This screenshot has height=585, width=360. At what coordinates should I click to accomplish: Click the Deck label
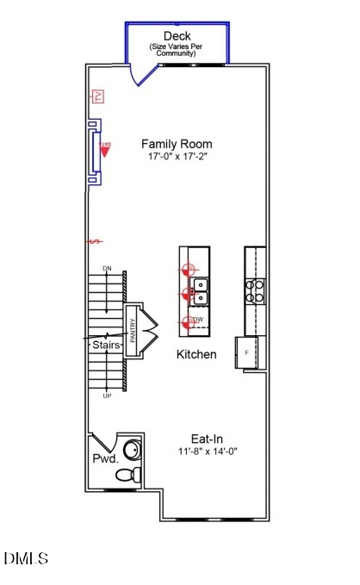coord(177,36)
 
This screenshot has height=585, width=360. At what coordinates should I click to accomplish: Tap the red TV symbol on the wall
coord(98,96)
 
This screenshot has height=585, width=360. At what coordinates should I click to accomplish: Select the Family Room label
coord(177,144)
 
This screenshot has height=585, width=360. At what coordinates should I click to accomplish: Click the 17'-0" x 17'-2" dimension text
coord(177,158)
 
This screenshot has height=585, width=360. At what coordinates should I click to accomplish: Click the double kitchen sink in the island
coord(200,292)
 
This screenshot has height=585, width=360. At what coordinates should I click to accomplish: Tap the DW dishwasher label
coord(198,320)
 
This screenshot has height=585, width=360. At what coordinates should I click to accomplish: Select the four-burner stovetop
coord(256,290)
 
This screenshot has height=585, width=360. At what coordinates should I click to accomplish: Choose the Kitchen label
coord(196,354)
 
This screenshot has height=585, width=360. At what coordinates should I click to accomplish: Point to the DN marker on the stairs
coord(107,269)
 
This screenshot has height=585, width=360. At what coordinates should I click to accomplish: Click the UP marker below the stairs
coord(107,395)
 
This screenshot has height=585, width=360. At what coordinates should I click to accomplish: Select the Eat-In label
coord(208,438)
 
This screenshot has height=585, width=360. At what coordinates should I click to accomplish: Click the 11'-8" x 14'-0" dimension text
coord(208,451)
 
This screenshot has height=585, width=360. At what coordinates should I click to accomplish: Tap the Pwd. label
coord(104,459)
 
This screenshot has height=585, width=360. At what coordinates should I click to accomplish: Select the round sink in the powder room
coord(132,450)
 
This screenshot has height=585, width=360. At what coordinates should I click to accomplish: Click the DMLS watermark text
coord(26,559)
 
